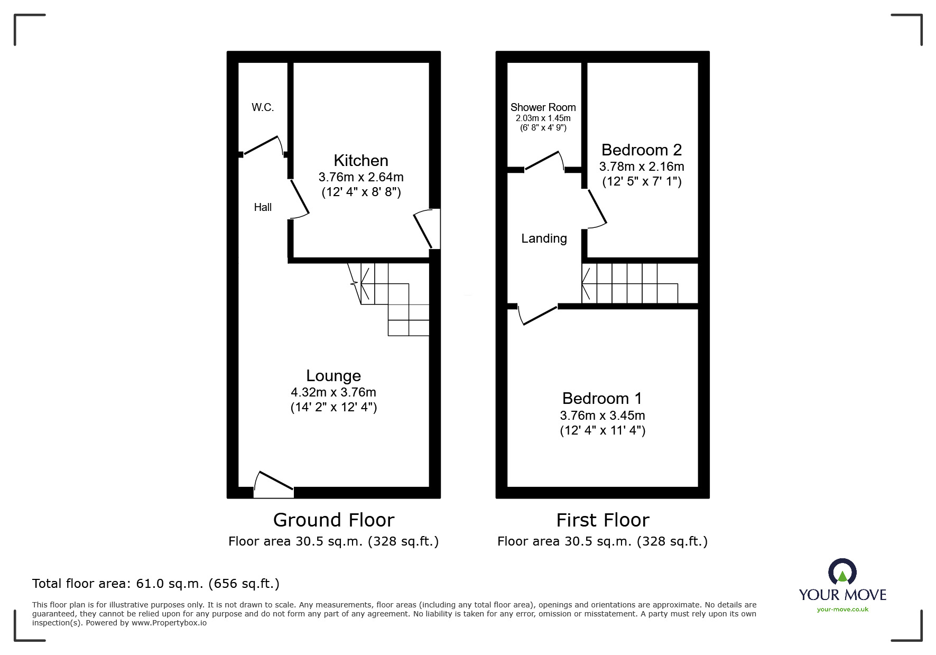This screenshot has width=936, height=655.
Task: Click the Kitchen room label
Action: pyautogui.click(x=360, y=160)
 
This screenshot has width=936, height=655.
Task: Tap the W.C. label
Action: pyautogui.click(x=263, y=107)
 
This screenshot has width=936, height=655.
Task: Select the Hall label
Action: pyautogui.click(x=263, y=207)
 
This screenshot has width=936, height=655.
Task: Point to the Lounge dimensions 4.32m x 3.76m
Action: pyautogui.click(x=333, y=392)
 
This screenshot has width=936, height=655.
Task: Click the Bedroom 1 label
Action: pyautogui.click(x=602, y=398)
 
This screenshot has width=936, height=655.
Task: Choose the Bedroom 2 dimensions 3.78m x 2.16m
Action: pyautogui.click(x=641, y=167)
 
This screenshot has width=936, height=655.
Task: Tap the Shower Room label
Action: pyautogui.click(x=543, y=107)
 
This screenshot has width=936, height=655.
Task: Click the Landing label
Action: pyautogui.click(x=544, y=238)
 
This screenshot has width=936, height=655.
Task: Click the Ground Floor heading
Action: pyautogui.click(x=333, y=520)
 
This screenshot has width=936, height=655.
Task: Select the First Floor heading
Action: pyautogui.click(x=603, y=520)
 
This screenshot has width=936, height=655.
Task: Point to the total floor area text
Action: pyautogui.click(x=156, y=584)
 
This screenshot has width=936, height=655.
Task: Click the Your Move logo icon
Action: pyautogui.click(x=842, y=573)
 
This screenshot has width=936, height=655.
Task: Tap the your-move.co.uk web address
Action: pyautogui.click(x=842, y=610)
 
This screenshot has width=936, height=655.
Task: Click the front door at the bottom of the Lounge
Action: pyautogui.click(x=273, y=484)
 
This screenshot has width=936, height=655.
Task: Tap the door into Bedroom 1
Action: pyautogui.click(x=538, y=315)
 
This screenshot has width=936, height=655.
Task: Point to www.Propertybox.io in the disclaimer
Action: pyautogui.click(x=169, y=623)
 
